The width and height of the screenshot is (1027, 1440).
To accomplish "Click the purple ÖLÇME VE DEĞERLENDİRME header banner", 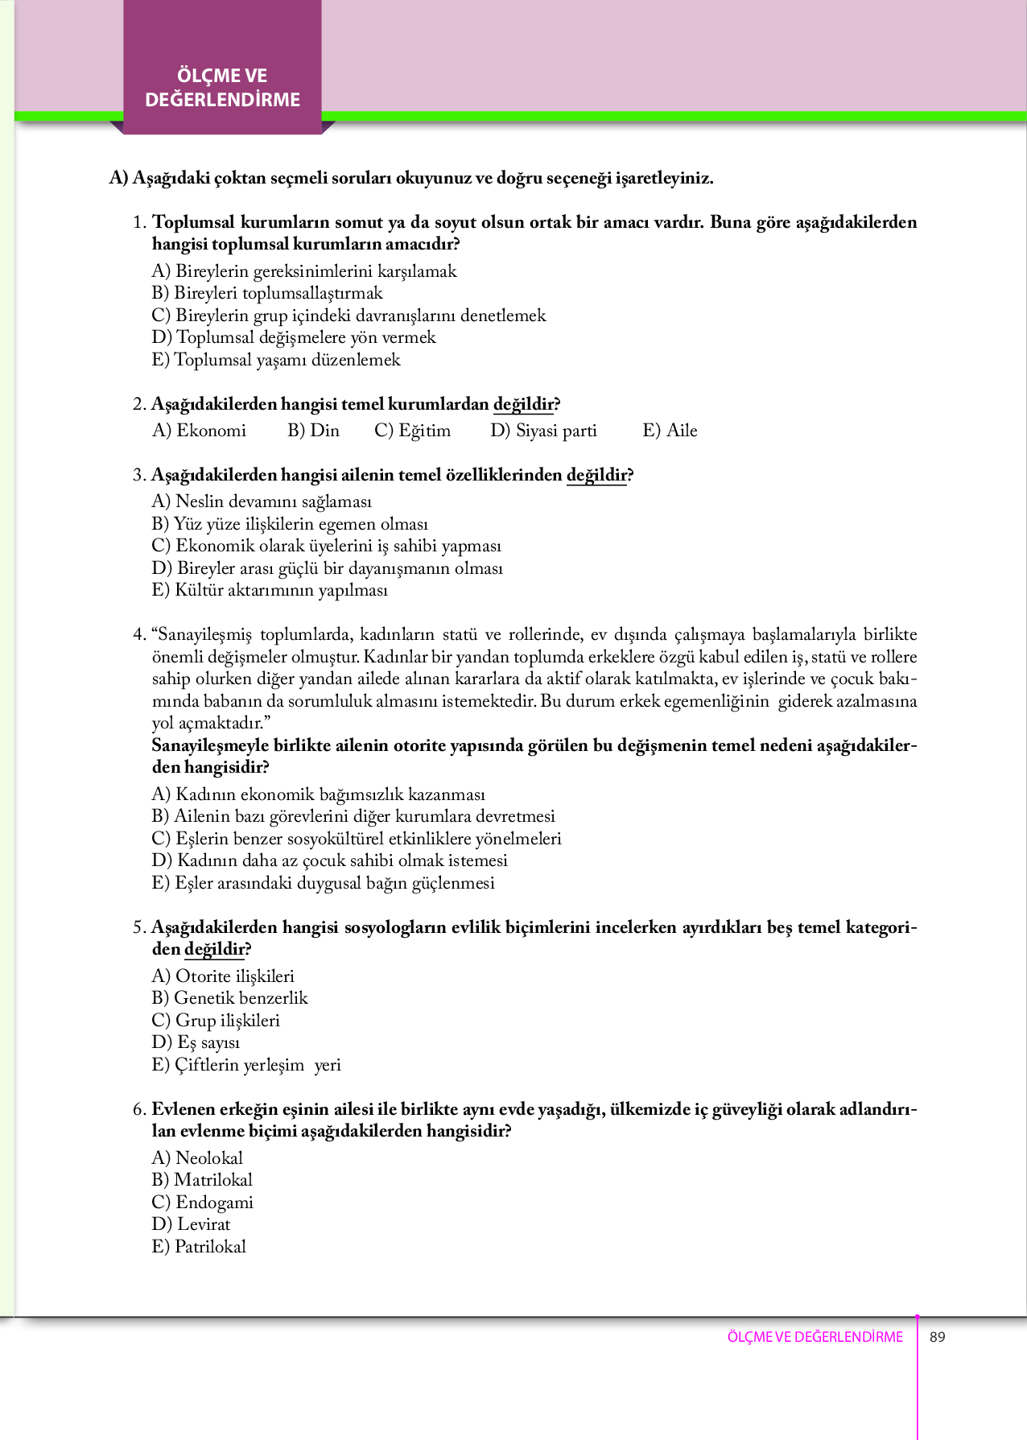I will tap(222, 88).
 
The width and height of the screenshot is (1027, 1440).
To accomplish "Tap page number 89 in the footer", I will tap(937, 1337).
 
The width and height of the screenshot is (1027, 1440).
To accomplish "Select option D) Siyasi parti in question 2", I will tap(543, 431).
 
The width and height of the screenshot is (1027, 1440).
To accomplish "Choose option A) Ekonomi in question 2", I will tap(199, 431).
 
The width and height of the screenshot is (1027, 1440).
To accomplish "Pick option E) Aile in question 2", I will tap(670, 431).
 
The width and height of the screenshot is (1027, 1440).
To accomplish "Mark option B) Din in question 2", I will tap(313, 431).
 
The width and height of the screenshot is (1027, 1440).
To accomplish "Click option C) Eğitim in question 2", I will tap(412, 431).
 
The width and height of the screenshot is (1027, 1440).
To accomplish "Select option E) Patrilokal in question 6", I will tap(199, 1247).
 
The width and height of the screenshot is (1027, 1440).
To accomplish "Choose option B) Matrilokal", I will tap(202, 1180).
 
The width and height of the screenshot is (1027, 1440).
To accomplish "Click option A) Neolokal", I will tap(197, 1158).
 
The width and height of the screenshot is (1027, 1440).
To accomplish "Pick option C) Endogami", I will tap(202, 1203).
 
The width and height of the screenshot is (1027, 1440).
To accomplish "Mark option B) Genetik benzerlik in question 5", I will tap(229, 998).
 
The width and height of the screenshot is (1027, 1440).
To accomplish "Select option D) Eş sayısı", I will tap(196, 1042).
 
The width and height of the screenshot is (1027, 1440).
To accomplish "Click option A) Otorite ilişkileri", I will tap(223, 976).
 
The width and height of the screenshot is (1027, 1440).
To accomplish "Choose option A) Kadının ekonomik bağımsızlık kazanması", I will tap(318, 794).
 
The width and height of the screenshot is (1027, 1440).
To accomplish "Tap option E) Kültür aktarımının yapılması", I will tap(270, 590).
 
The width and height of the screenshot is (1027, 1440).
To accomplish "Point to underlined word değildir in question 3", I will tap(596, 475).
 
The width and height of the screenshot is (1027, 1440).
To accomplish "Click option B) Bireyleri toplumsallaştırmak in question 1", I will tap(267, 293).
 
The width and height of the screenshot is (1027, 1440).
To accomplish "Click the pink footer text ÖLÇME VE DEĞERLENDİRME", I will tap(815, 1337).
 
